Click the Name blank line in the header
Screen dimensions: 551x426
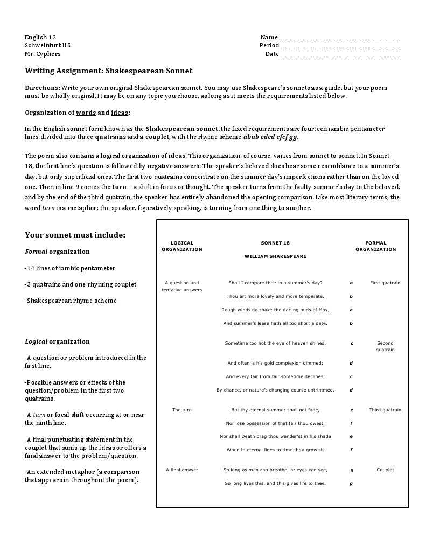[x=339, y=38]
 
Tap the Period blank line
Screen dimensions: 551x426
[x=339, y=47]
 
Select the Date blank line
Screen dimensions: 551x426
[x=339, y=55]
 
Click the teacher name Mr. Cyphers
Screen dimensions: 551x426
[x=43, y=54]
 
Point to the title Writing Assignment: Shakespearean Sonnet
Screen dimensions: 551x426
[x=108, y=71]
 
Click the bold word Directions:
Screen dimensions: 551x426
[x=43, y=87]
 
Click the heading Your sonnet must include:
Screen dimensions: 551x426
[x=75, y=235]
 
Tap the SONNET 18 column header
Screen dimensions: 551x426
[x=275, y=243]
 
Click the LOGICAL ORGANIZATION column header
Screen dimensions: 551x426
[x=182, y=246]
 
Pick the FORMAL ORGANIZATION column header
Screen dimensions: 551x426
[x=375, y=246]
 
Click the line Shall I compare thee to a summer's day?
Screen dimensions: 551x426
[x=275, y=283]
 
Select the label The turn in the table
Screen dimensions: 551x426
[x=182, y=410]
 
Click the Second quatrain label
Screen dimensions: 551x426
[x=385, y=346]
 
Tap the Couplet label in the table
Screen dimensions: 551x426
[x=385, y=470]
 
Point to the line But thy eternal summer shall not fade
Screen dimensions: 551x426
[x=275, y=410]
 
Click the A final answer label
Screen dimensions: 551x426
[x=182, y=470]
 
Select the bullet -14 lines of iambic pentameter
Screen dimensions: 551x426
[x=70, y=268]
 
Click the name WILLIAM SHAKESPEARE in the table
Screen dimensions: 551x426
[x=275, y=256]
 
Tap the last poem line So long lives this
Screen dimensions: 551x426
[x=275, y=483]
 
